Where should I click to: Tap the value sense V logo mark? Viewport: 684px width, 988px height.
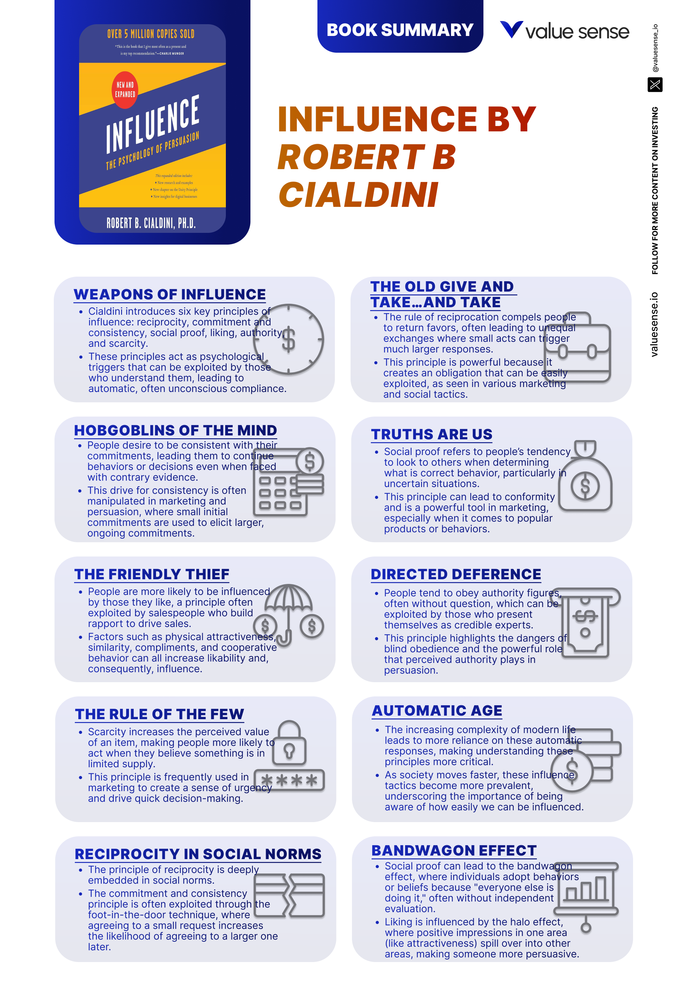(x=511, y=30)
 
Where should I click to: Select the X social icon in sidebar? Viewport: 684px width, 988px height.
(x=654, y=84)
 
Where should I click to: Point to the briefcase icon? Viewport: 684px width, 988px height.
(x=577, y=347)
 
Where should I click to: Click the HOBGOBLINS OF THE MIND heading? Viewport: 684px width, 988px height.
(x=175, y=430)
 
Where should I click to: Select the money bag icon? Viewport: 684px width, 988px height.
(x=585, y=475)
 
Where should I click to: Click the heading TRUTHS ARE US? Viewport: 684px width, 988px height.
(x=431, y=434)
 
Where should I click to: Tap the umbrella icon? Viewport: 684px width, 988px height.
(x=289, y=615)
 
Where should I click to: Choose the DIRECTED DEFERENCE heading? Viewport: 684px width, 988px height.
(x=456, y=574)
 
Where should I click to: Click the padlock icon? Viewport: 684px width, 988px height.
(x=289, y=743)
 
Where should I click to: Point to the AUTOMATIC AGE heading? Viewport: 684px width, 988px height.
(x=437, y=711)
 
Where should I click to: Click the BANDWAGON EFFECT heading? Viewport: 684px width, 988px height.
(x=454, y=850)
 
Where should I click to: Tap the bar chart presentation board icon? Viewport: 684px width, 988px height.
(x=586, y=897)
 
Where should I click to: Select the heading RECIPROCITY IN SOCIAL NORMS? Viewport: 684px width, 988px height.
(x=198, y=854)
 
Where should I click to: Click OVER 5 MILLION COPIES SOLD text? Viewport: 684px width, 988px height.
(x=151, y=34)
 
